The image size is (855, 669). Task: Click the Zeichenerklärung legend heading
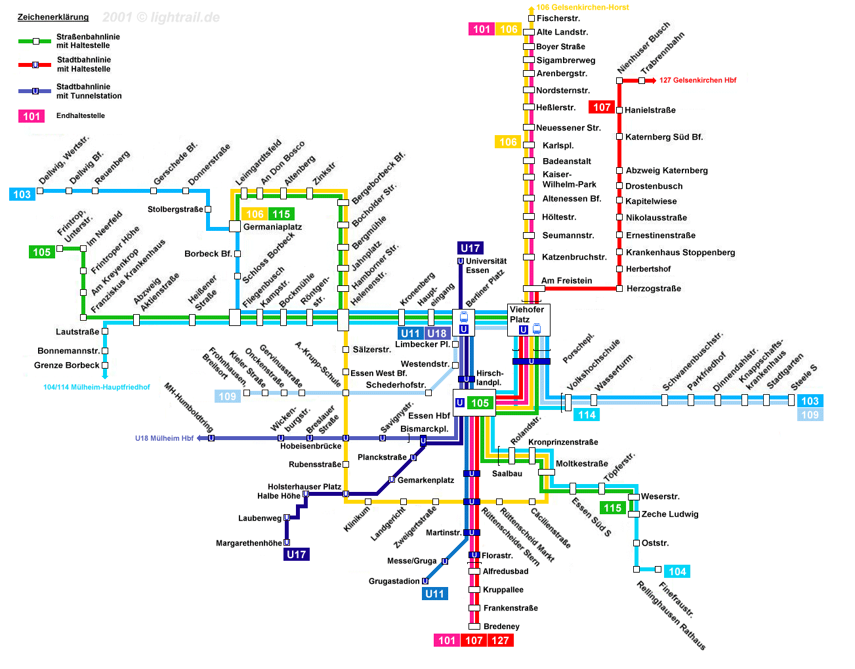point(52,17)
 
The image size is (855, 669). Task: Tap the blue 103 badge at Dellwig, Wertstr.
point(22,194)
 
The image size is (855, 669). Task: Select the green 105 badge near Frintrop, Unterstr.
point(42,252)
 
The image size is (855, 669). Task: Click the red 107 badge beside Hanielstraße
point(602,107)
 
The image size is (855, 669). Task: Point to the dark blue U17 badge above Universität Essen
point(470,248)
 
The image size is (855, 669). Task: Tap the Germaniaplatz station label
point(272,227)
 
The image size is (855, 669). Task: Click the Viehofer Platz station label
point(526,314)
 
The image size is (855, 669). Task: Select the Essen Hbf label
point(429,416)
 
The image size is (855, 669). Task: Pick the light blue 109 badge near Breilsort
point(227,396)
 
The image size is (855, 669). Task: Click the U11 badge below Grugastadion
point(434,594)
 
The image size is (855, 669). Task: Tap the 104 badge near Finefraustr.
point(677,571)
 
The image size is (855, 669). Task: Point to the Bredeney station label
point(501,626)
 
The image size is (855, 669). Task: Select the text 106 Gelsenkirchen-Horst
point(582,7)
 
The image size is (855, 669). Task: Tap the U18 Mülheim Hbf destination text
point(164,438)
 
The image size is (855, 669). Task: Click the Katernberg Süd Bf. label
point(664,137)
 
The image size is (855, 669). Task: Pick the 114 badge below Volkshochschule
point(587,415)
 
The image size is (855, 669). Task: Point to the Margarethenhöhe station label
point(249,543)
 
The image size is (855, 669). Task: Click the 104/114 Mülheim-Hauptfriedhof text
point(96,387)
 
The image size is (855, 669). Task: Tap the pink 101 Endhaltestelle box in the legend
point(31,116)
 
